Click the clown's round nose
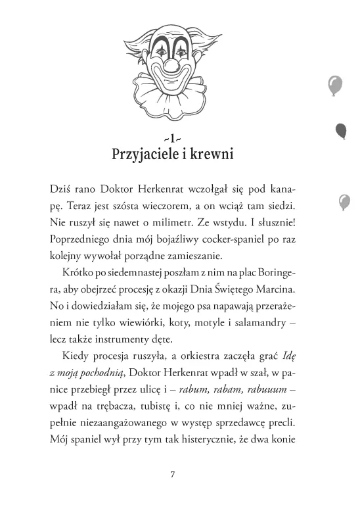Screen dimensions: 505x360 (x=173, y=64)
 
